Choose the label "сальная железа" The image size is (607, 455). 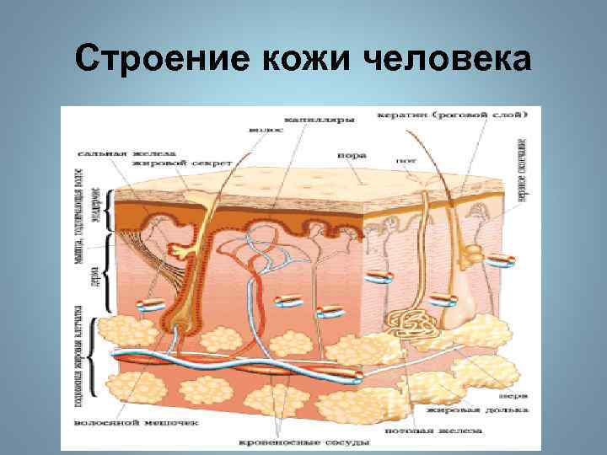click(x=113, y=154)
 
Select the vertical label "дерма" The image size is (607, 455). click(x=96, y=275)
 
